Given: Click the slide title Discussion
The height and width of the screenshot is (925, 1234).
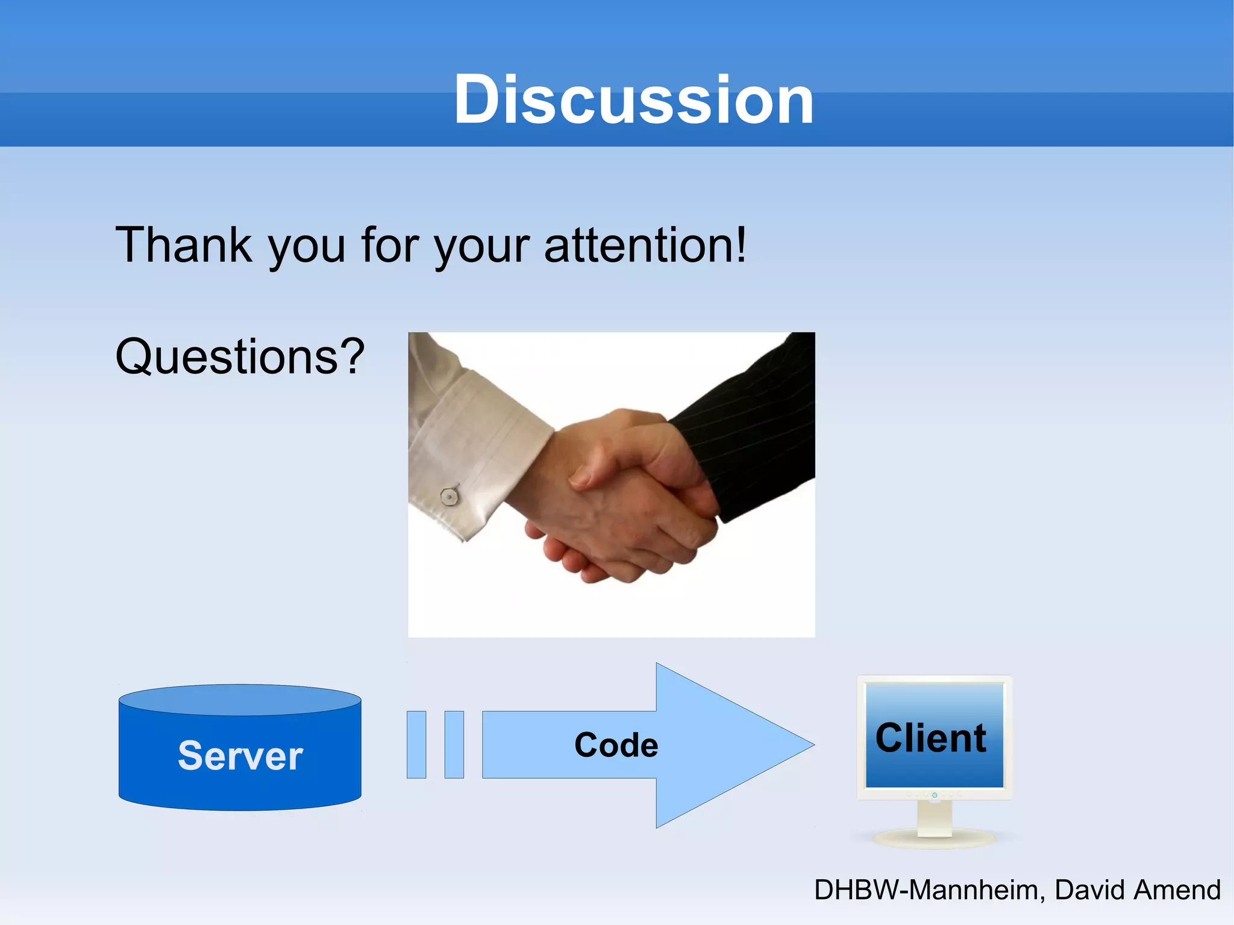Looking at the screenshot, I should tap(633, 99).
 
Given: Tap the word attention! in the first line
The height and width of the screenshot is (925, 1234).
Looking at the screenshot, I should tap(645, 245).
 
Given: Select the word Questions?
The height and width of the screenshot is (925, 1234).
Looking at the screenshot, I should tap(240, 357).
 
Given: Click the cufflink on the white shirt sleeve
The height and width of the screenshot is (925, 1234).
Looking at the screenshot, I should tap(449, 496).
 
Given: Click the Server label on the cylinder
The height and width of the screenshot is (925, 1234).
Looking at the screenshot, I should tap(240, 756).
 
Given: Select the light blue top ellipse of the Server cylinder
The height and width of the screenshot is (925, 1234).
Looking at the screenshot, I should tap(240, 700).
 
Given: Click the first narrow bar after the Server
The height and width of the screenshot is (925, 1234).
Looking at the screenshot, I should tap(416, 745).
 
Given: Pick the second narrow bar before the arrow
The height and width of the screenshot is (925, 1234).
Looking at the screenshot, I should tap(454, 745).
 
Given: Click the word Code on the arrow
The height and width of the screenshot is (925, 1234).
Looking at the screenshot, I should tap(616, 745).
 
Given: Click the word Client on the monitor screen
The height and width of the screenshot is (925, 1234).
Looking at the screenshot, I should tap(931, 738).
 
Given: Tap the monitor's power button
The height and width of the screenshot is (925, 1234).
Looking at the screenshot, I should tap(935, 795).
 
